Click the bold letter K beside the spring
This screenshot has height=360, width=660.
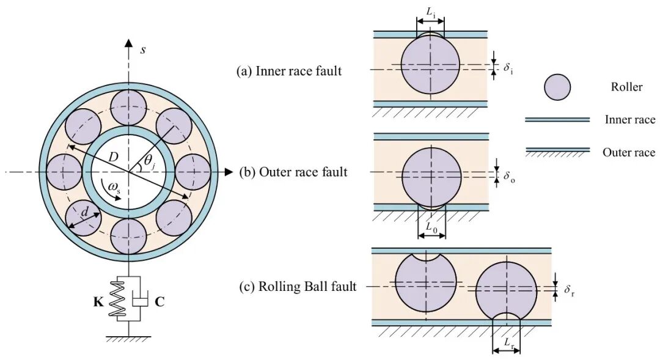click(98, 302)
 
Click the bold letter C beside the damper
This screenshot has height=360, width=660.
click(159, 302)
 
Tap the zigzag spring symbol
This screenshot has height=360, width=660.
click(117, 299)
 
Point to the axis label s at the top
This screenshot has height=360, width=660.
click(143, 50)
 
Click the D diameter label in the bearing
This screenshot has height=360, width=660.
click(113, 157)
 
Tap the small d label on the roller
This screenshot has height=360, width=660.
click(84, 213)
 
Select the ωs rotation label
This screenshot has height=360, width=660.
click(114, 187)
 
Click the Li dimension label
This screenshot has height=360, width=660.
click(431, 13)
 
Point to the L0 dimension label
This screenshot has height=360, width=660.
click(432, 227)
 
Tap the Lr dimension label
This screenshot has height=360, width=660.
click(509, 343)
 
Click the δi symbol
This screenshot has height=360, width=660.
click(508, 68)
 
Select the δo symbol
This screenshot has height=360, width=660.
click(509, 177)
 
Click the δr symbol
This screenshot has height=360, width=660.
click(569, 290)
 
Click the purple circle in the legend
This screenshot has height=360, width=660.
click(557, 87)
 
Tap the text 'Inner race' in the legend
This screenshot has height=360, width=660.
click(630, 120)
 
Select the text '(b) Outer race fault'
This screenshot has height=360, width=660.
click(293, 172)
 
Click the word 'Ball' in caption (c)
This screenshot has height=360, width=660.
click(324, 287)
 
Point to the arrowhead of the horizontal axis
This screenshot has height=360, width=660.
click(229, 172)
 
